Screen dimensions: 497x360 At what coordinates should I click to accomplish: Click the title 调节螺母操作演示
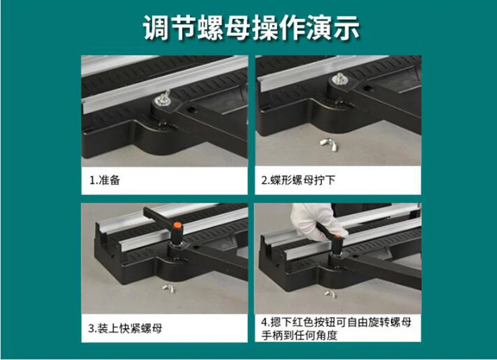tap(252, 28)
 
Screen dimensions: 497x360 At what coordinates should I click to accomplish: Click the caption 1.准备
tap(104, 180)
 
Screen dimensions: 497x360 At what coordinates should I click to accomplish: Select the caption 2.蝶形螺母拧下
tap(298, 180)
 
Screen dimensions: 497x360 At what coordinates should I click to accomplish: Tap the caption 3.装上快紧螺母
tap(125, 328)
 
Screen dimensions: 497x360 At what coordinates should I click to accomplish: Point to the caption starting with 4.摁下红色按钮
tap(336, 328)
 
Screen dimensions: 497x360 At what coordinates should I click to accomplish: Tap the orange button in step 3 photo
tap(177, 225)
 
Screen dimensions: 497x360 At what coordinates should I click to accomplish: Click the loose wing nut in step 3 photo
tap(168, 288)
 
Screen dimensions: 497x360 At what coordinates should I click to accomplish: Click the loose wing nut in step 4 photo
tap(330, 294)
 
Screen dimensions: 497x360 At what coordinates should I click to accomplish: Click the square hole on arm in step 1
tap(191, 110)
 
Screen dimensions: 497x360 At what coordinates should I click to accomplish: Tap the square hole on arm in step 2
tap(367, 88)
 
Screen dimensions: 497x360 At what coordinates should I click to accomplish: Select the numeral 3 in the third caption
tap(91, 328)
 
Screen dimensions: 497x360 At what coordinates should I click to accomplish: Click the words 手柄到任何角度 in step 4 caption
tap(299, 335)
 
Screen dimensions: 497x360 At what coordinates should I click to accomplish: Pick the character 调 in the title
tap(156, 28)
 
